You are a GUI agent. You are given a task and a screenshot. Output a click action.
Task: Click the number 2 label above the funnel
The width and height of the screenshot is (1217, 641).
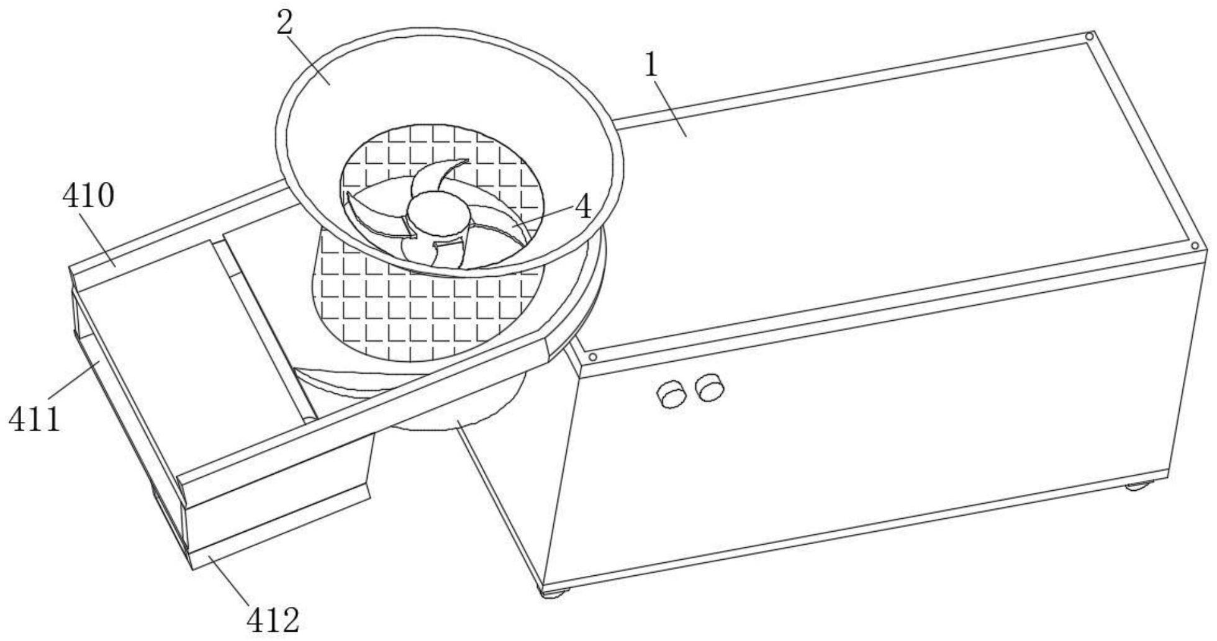[x=284, y=24]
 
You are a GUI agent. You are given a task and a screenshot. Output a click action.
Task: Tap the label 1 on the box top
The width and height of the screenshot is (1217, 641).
[x=651, y=65]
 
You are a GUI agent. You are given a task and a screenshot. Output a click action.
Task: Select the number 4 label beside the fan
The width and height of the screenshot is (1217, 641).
[x=583, y=208]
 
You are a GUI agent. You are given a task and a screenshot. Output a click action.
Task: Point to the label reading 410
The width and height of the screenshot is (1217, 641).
[x=88, y=197]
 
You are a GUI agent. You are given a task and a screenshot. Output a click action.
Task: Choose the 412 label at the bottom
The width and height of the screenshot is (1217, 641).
[x=273, y=619]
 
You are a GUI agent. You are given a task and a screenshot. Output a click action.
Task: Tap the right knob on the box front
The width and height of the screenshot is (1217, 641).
[x=710, y=388]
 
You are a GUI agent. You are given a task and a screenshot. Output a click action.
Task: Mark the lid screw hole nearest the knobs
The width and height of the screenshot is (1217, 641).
[x=593, y=357]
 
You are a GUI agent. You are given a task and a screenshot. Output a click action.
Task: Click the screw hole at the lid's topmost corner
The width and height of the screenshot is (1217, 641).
[x=1088, y=37]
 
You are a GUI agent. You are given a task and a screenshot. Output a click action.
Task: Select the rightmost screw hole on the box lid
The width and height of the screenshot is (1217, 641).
[x=1195, y=246]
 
